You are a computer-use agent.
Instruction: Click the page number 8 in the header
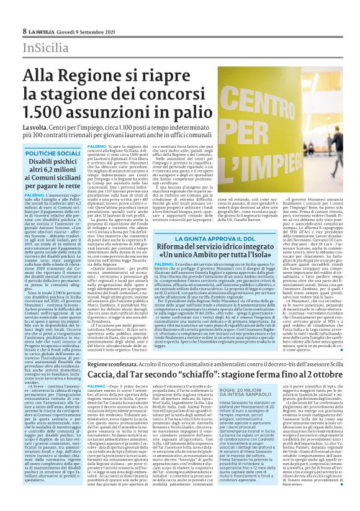click(x=24, y=30)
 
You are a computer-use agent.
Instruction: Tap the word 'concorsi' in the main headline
click(x=170, y=95)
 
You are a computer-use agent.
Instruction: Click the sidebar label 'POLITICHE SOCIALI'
click(x=53, y=152)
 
